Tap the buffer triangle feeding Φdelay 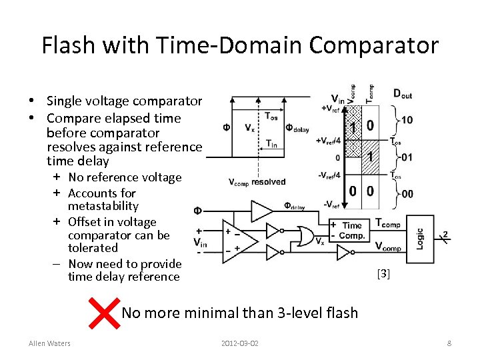(x=261, y=211)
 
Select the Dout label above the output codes (x=402, y=94)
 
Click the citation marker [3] (x=383, y=273)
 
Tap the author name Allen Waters (x=49, y=343)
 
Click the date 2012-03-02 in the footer (x=240, y=343)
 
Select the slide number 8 (x=449, y=343)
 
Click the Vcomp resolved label (x=257, y=181)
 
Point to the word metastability (x=103, y=207)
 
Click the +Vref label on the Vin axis (x=331, y=108)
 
